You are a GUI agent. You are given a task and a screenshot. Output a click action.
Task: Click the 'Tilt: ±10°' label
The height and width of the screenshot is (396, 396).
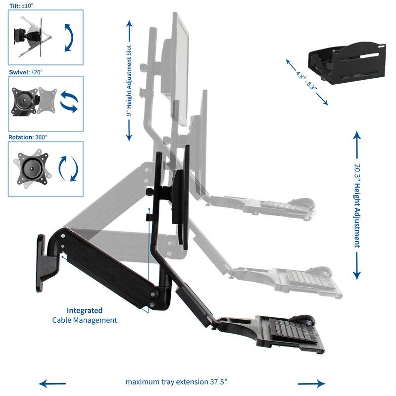tap(21, 5)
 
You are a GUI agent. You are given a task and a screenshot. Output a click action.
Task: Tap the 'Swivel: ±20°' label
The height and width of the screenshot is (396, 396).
tap(26, 72)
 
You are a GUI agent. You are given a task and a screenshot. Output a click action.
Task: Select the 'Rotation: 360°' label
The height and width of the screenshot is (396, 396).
tap(28, 137)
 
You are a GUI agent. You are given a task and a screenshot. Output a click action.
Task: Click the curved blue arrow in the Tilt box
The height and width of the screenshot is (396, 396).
tap(69, 38)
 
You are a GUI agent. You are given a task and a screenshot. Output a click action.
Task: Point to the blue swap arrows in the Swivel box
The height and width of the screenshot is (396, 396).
tap(69, 101)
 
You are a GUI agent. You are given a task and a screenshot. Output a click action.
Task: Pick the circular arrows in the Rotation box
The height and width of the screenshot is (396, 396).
tap(68, 169)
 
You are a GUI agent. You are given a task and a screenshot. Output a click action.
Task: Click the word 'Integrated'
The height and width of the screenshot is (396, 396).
tap(84, 310)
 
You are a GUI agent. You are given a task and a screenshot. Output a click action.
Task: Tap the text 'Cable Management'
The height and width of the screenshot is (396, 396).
tap(85, 320)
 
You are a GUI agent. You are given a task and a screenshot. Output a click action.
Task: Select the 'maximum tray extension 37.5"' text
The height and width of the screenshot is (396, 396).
tap(176, 382)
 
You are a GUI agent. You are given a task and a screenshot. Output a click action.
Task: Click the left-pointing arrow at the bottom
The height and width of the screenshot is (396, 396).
tap(52, 384)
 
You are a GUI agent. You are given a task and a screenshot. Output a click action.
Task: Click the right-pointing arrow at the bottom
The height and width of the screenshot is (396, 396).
tap(311, 384)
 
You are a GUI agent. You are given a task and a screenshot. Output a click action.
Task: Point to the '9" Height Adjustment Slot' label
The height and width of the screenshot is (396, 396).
tap(129, 80)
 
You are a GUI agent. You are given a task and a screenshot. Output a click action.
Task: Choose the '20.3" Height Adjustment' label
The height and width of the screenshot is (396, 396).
tap(357, 206)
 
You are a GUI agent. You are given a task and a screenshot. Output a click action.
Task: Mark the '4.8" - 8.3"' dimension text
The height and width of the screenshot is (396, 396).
tap(306, 81)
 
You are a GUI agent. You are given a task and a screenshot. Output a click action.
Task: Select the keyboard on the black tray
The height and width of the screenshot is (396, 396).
tap(293, 330)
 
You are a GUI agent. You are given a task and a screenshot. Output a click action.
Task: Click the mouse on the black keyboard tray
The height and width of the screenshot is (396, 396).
tap(302, 319)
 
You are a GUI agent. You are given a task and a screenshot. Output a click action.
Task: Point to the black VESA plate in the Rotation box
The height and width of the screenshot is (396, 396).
tap(33, 168)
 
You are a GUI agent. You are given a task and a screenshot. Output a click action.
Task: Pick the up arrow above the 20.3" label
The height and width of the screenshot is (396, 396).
tap(357, 145)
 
